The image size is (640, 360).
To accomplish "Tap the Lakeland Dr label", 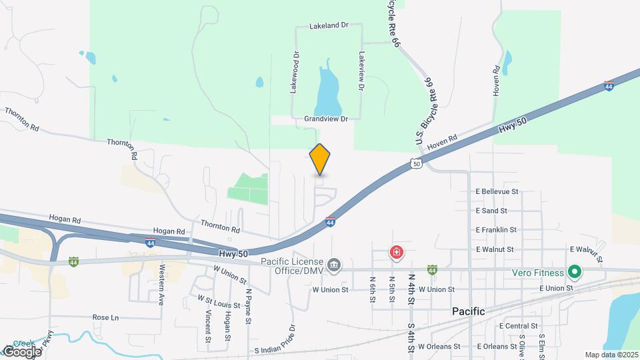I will coord(329,26).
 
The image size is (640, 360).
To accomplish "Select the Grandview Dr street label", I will coord(326,119).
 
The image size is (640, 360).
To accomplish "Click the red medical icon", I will coord(397,252).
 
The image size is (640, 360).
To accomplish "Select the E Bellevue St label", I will coord(497,191).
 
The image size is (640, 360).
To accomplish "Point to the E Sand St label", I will coord(492,211).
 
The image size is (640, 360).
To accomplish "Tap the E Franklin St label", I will coord(497,230).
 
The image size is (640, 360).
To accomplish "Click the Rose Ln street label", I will coord(105,317).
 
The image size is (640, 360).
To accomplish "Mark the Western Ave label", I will coord(161,285).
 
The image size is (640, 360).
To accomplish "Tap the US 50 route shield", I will coord(417,163).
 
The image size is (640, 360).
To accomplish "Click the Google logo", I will coord(21,351).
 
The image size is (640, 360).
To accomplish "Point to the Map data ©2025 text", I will coord(610,355).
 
